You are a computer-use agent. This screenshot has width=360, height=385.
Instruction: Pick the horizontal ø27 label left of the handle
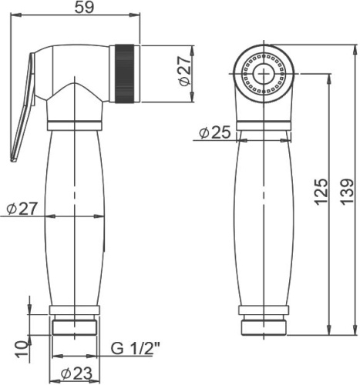[x=19, y=208]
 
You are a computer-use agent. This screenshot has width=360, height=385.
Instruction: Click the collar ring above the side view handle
[x=76, y=123]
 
